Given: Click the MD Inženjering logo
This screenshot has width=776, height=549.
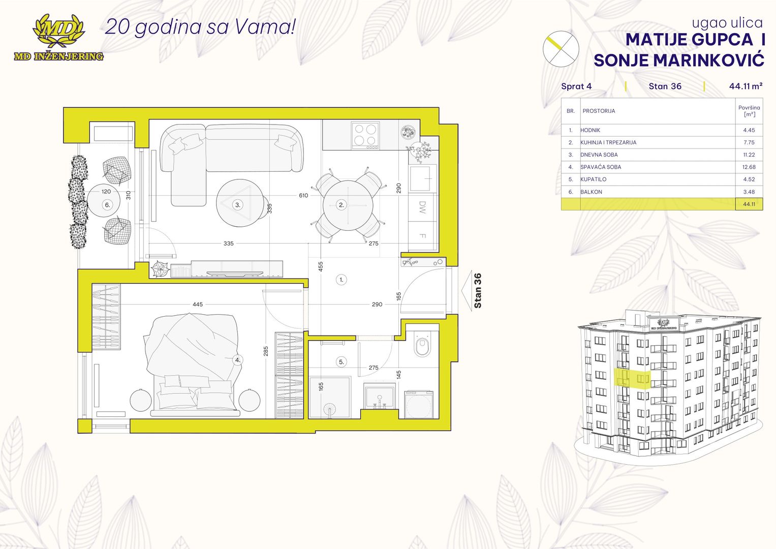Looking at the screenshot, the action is (x=58, y=38).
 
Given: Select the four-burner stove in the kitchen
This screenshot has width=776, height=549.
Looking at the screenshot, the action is (x=365, y=136).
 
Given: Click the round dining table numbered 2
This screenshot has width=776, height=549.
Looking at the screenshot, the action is (x=348, y=205).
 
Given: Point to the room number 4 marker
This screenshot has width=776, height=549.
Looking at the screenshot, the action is (x=238, y=360).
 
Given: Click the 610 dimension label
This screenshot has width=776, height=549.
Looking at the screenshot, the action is (x=303, y=196).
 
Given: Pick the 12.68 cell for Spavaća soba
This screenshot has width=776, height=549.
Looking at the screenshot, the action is (x=749, y=167).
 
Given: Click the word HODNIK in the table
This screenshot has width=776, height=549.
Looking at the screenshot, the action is (x=591, y=130).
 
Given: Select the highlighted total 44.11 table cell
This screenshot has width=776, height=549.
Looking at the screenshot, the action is (x=749, y=204).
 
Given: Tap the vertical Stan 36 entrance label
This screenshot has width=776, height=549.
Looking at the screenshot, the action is (x=478, y=290).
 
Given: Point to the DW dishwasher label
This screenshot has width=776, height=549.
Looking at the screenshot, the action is (x=422, y=207).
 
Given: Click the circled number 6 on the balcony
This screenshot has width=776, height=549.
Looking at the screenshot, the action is (x=107, y=205).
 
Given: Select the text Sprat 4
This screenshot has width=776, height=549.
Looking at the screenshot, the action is (x=576, y=86).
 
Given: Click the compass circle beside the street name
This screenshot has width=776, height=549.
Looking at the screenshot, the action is (x=561, y=49).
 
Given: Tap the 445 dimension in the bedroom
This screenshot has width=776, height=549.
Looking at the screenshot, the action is (x=198, y=304).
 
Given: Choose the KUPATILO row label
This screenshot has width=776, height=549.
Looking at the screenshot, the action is (x=594, y=179).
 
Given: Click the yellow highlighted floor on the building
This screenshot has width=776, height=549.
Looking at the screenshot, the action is (x=633, y=378).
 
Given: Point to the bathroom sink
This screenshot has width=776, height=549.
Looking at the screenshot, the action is (x=380, y=396).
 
